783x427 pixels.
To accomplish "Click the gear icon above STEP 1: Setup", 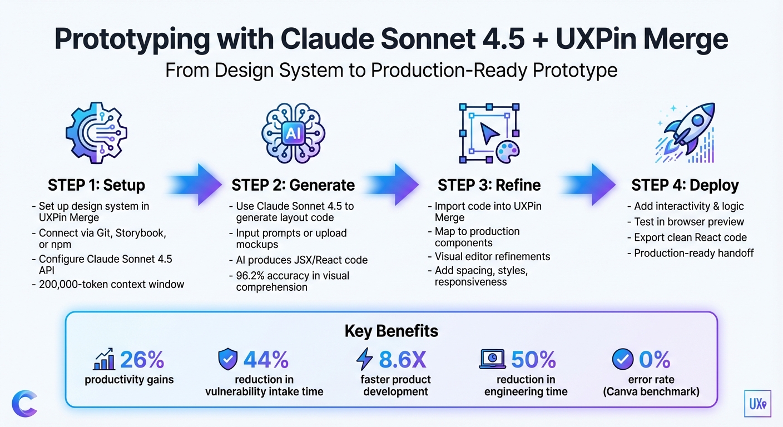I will pos(96,133).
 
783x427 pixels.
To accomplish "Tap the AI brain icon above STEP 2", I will pos(293,133).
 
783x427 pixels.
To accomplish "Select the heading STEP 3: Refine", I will pos(489,185).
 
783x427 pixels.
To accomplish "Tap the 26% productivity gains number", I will pos(142,360).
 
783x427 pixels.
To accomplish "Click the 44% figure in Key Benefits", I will pos(265,360).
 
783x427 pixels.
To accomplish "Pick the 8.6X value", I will pos(403,360).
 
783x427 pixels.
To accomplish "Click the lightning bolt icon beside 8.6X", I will pos(364,360).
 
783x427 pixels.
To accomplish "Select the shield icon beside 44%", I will pos(227,360).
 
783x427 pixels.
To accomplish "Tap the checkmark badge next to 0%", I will pos(622,360).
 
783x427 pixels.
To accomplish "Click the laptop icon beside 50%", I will pos(492,360).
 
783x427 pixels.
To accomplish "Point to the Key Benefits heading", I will pos(391,331).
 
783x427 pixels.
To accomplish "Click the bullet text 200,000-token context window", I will pos(111,284).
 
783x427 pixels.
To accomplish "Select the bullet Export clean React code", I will pos(690,237).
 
